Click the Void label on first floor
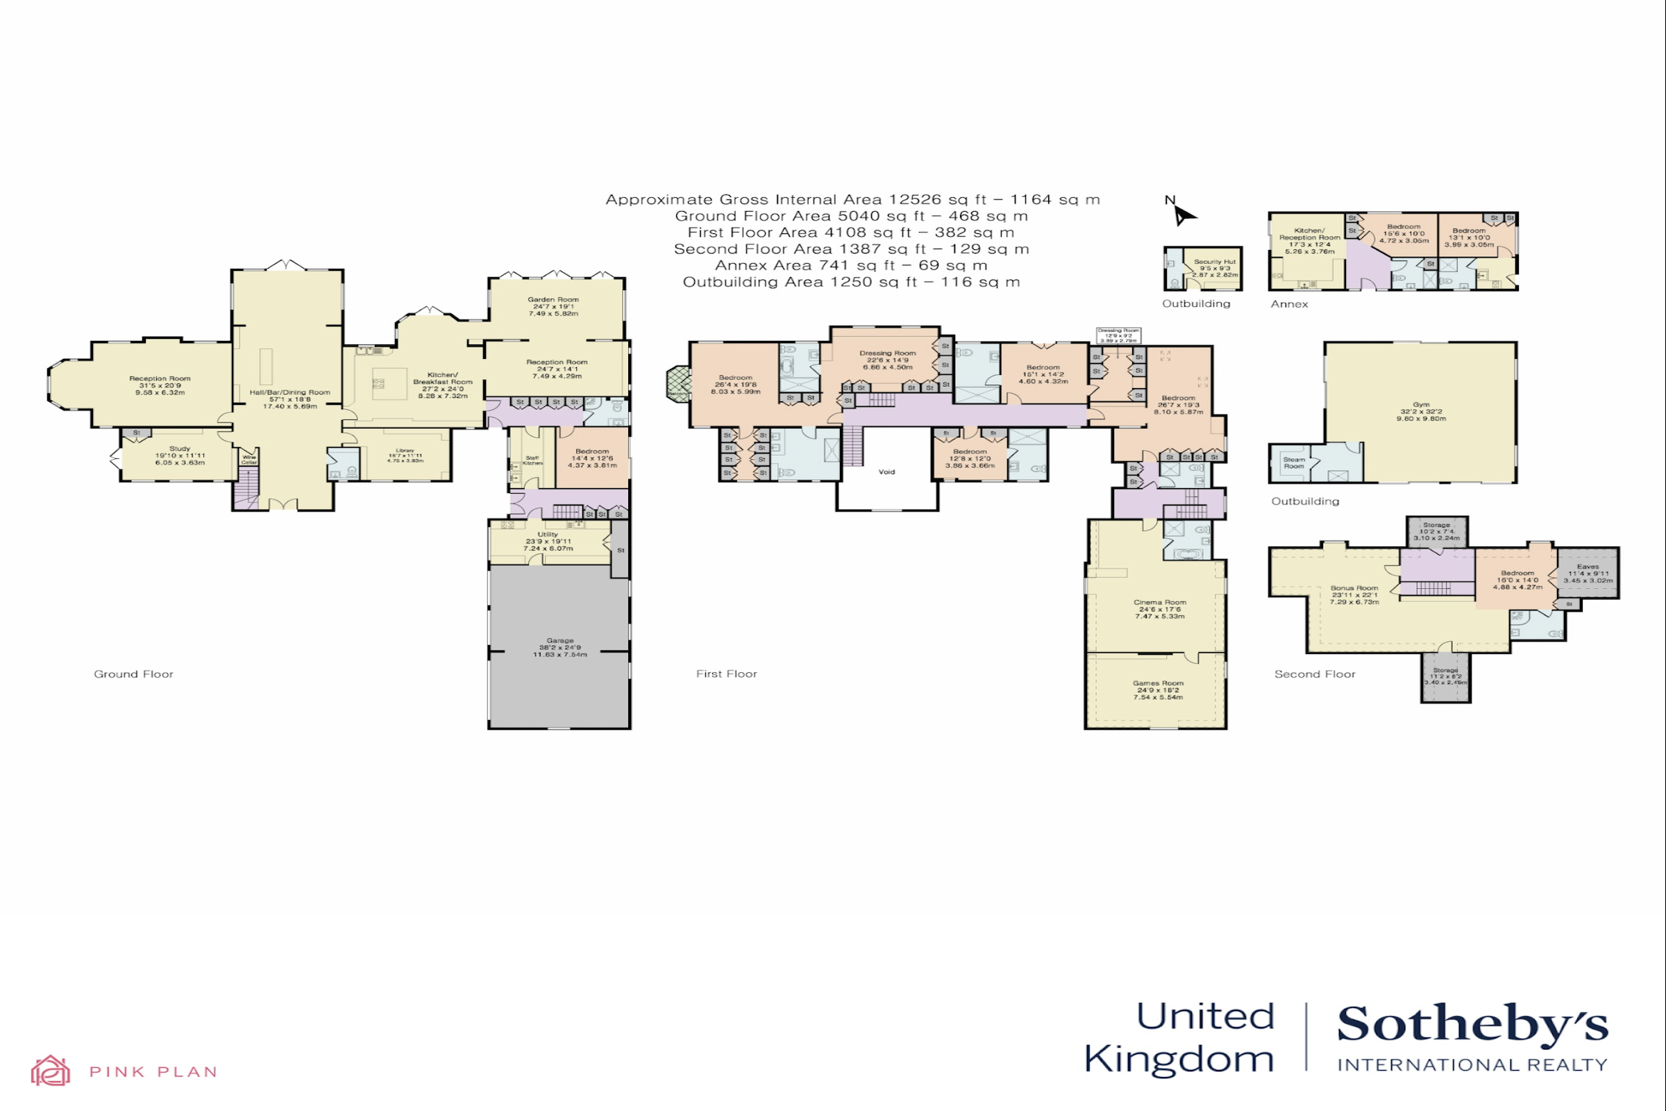click(x=886, y=472)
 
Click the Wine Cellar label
click(x=249, y=459)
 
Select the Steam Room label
click(x=1293, y=462)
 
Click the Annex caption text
click(x=1288, y=304)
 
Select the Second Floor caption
click(x=1314, y=674)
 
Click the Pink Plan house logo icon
click(x=50, y=1070)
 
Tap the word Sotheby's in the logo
click(x=1472, y=1025)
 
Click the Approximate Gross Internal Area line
click(x=852, y=200)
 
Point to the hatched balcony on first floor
click(x=679, y=384)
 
